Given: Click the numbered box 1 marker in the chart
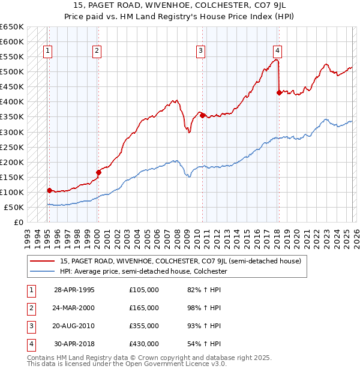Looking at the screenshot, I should pyautogui.click(x=47, y=52).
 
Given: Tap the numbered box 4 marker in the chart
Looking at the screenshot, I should pyautogui.click(x=277, y=52).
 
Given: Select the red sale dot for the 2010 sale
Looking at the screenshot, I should pyautogui.click(x=203, y=115).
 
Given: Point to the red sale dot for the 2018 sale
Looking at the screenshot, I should pyautogui.click(x=279, y=92).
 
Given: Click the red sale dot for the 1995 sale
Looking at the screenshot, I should pyautogui.click(x=49, y=190).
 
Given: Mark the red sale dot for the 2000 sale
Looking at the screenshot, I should pyautogui.click(x=98, y=172).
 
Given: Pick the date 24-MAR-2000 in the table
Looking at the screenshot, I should pyautogui.click(x=74, y=308).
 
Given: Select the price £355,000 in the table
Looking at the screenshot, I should pyautogui.click(x=144, y=326).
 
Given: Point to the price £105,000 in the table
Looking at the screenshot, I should pyautogui.click(x=144, y=290).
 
